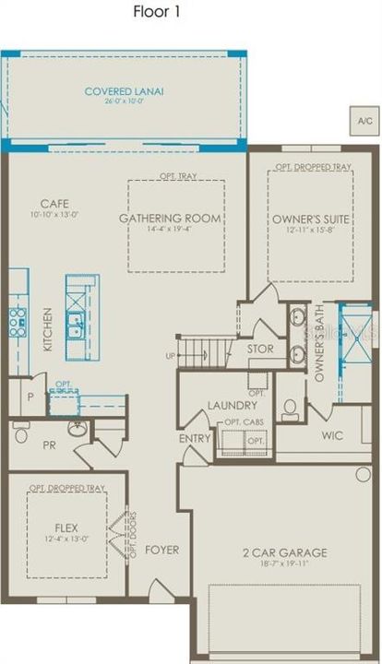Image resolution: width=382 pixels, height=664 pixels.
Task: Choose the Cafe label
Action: tap(55, 204)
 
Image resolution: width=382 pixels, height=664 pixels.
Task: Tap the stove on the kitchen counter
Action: tap(17, 321)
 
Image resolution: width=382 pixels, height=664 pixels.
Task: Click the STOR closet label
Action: tap(260, 350)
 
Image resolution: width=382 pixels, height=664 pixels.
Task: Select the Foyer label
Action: tap(161, 551)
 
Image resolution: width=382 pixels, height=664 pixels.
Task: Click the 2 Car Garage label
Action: tap(285, 552)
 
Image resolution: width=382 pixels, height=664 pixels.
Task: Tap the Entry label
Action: tap(195, 438)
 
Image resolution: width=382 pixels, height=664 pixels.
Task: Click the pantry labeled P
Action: tap(30, 396)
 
